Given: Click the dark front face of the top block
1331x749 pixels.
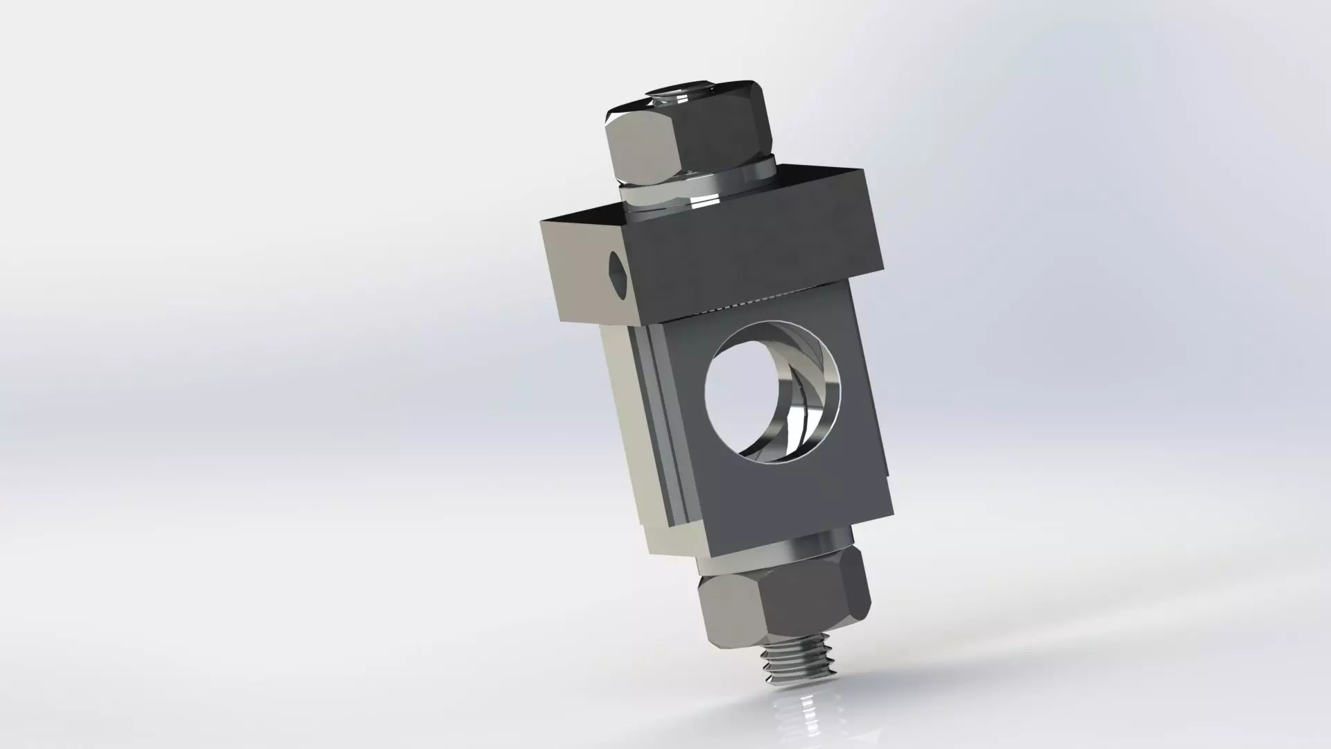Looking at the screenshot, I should [756, 250].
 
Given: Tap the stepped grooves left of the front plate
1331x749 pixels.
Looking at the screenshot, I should [659, 430].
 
